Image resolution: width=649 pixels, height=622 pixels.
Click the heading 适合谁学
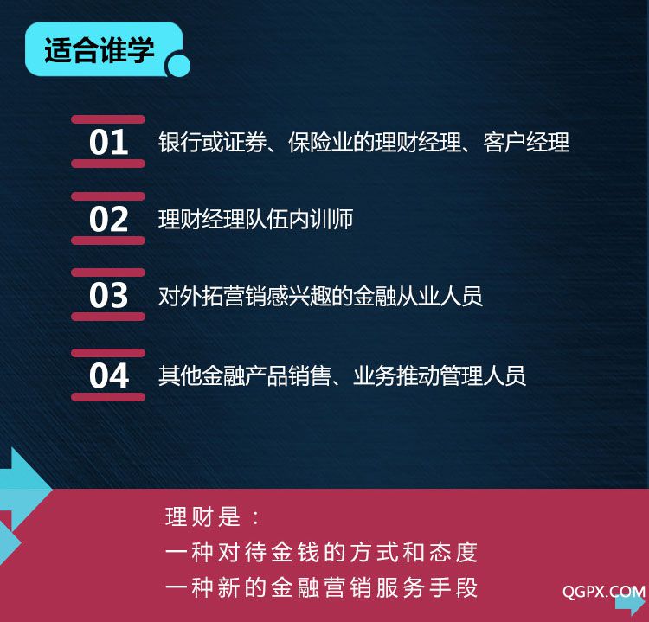click(100, 50)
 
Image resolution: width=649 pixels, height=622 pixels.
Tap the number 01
click(108, 142)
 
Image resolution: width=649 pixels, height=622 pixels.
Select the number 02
click(108, 219)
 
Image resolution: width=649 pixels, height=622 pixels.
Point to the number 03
click(108, 295)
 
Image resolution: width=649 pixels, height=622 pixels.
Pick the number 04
click(109, 375)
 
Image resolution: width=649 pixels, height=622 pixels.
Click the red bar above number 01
click(108, 119)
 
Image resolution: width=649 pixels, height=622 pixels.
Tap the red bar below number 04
click(108, 397)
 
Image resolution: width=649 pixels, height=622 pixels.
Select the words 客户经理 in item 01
click(525, 143)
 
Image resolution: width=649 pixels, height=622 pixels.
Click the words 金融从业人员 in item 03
click(418, 297)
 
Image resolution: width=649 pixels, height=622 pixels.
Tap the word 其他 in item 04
click(180, 375)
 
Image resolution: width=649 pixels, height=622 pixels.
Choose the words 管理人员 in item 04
click(483, 375)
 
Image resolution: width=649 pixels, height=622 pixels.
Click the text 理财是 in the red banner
click(202, 516)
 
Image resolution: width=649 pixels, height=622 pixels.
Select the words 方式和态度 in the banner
click(414, 552)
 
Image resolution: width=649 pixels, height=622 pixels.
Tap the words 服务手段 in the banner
click(427, 587)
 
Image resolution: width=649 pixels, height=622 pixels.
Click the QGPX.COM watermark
click(603, 592)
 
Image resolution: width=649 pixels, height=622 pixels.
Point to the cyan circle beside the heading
click(178, 66)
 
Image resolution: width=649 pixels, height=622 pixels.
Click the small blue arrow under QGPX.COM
click(630, 603)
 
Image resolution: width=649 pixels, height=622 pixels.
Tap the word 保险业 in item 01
click(320, 143)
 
